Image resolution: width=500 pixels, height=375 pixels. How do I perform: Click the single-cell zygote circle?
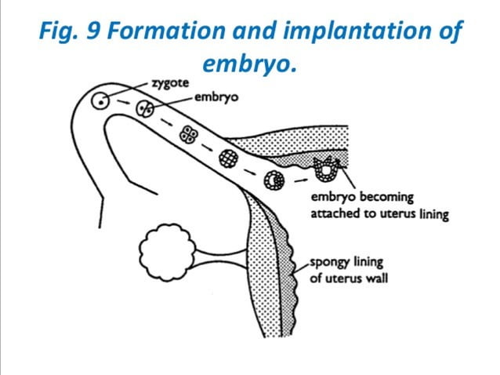pos(101,100)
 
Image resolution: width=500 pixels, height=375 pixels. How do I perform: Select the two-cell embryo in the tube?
pos(143,110)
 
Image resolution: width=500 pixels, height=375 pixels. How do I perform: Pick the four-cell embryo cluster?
pos(188,134)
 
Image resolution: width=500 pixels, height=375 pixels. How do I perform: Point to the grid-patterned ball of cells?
pos(229,157)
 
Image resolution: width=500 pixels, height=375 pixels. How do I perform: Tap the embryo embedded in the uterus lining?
pos(323,168)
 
